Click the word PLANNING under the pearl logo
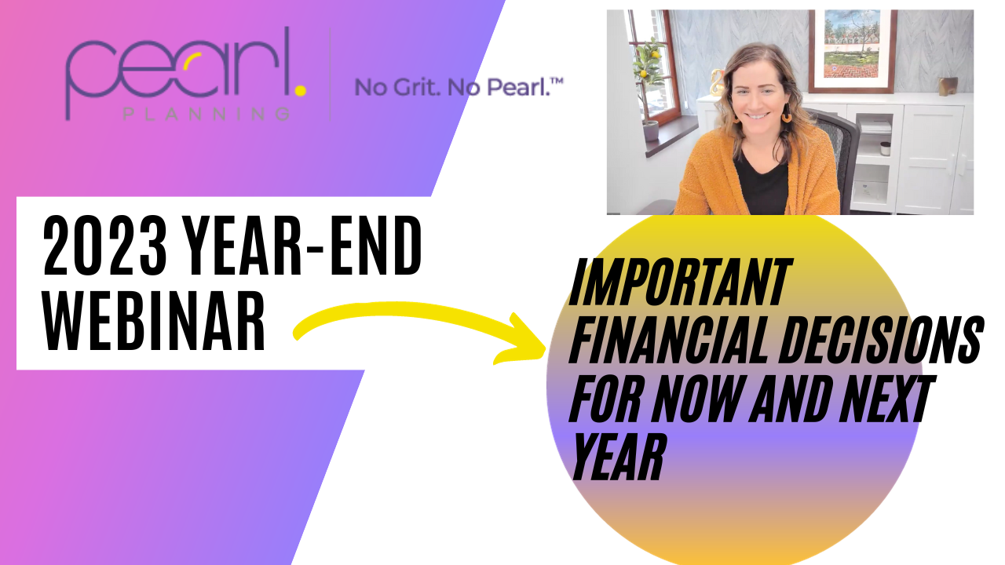tap(206, 114)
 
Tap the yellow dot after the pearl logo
tap(301, 90)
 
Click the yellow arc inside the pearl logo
tap(192, 61)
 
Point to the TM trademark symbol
tap(557, 81)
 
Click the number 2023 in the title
tap(105, 246)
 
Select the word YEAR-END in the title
tap(302, 246)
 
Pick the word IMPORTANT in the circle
tap(681, 282)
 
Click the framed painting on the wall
tap(853, 51)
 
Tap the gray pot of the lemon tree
tap(651, 131)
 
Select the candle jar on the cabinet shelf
tap(885, 148)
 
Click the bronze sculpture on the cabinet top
tap(948, 86)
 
